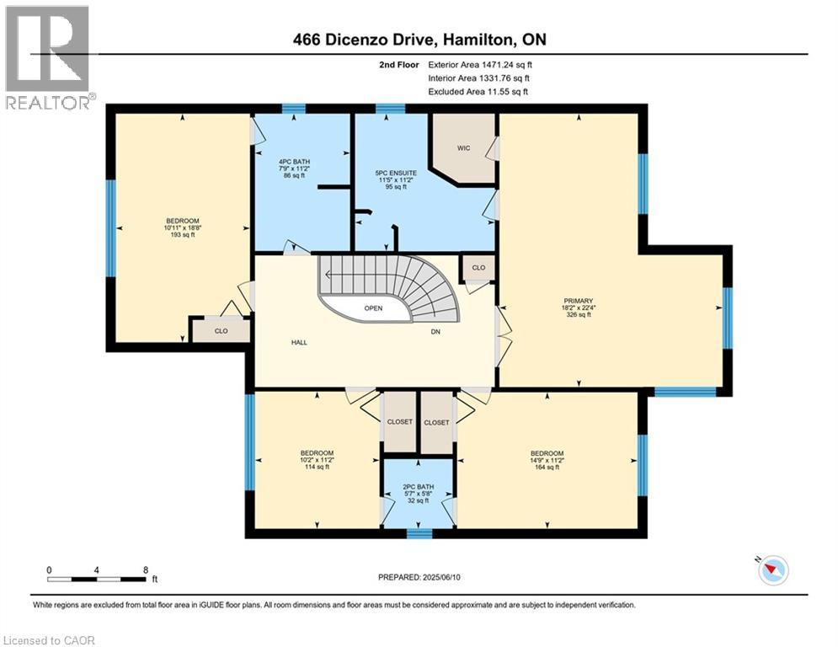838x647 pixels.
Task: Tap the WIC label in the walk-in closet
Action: point(463,148)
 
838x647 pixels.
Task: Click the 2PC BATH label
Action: point(419,486)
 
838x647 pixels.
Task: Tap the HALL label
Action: point(299,343)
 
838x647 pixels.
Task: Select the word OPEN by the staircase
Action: point(373,308)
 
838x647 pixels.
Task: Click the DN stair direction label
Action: point(435,332)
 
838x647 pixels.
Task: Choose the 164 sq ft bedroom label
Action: point(547,460)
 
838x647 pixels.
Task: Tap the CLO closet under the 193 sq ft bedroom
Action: point(221,331)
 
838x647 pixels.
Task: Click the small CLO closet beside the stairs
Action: point(478,268)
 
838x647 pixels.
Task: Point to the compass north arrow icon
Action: point(772,570)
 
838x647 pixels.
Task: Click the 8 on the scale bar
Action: point(147,570)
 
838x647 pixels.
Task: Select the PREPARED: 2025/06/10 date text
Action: point(419,577)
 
